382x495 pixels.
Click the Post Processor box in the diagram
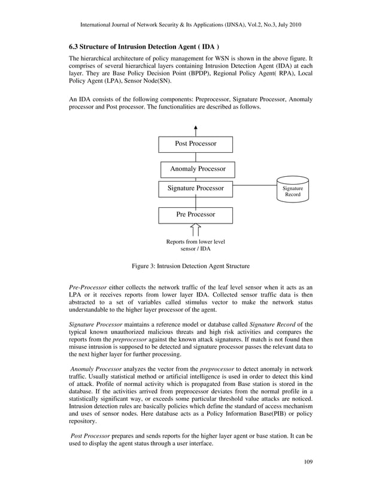pos(195,144)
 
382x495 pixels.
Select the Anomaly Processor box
pos(197,170)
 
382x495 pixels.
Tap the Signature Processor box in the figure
pos(195,189)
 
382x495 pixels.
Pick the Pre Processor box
pos(195,214)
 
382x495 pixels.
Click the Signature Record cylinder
pos(293,191)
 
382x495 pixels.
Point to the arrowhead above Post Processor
pos(196,128)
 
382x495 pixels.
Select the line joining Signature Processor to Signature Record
pos(254,186)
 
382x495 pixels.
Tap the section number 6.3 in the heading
pos(75,46)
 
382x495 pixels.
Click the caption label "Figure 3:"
pos(145,265)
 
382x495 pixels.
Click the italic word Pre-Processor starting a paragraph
pos(88,289)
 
